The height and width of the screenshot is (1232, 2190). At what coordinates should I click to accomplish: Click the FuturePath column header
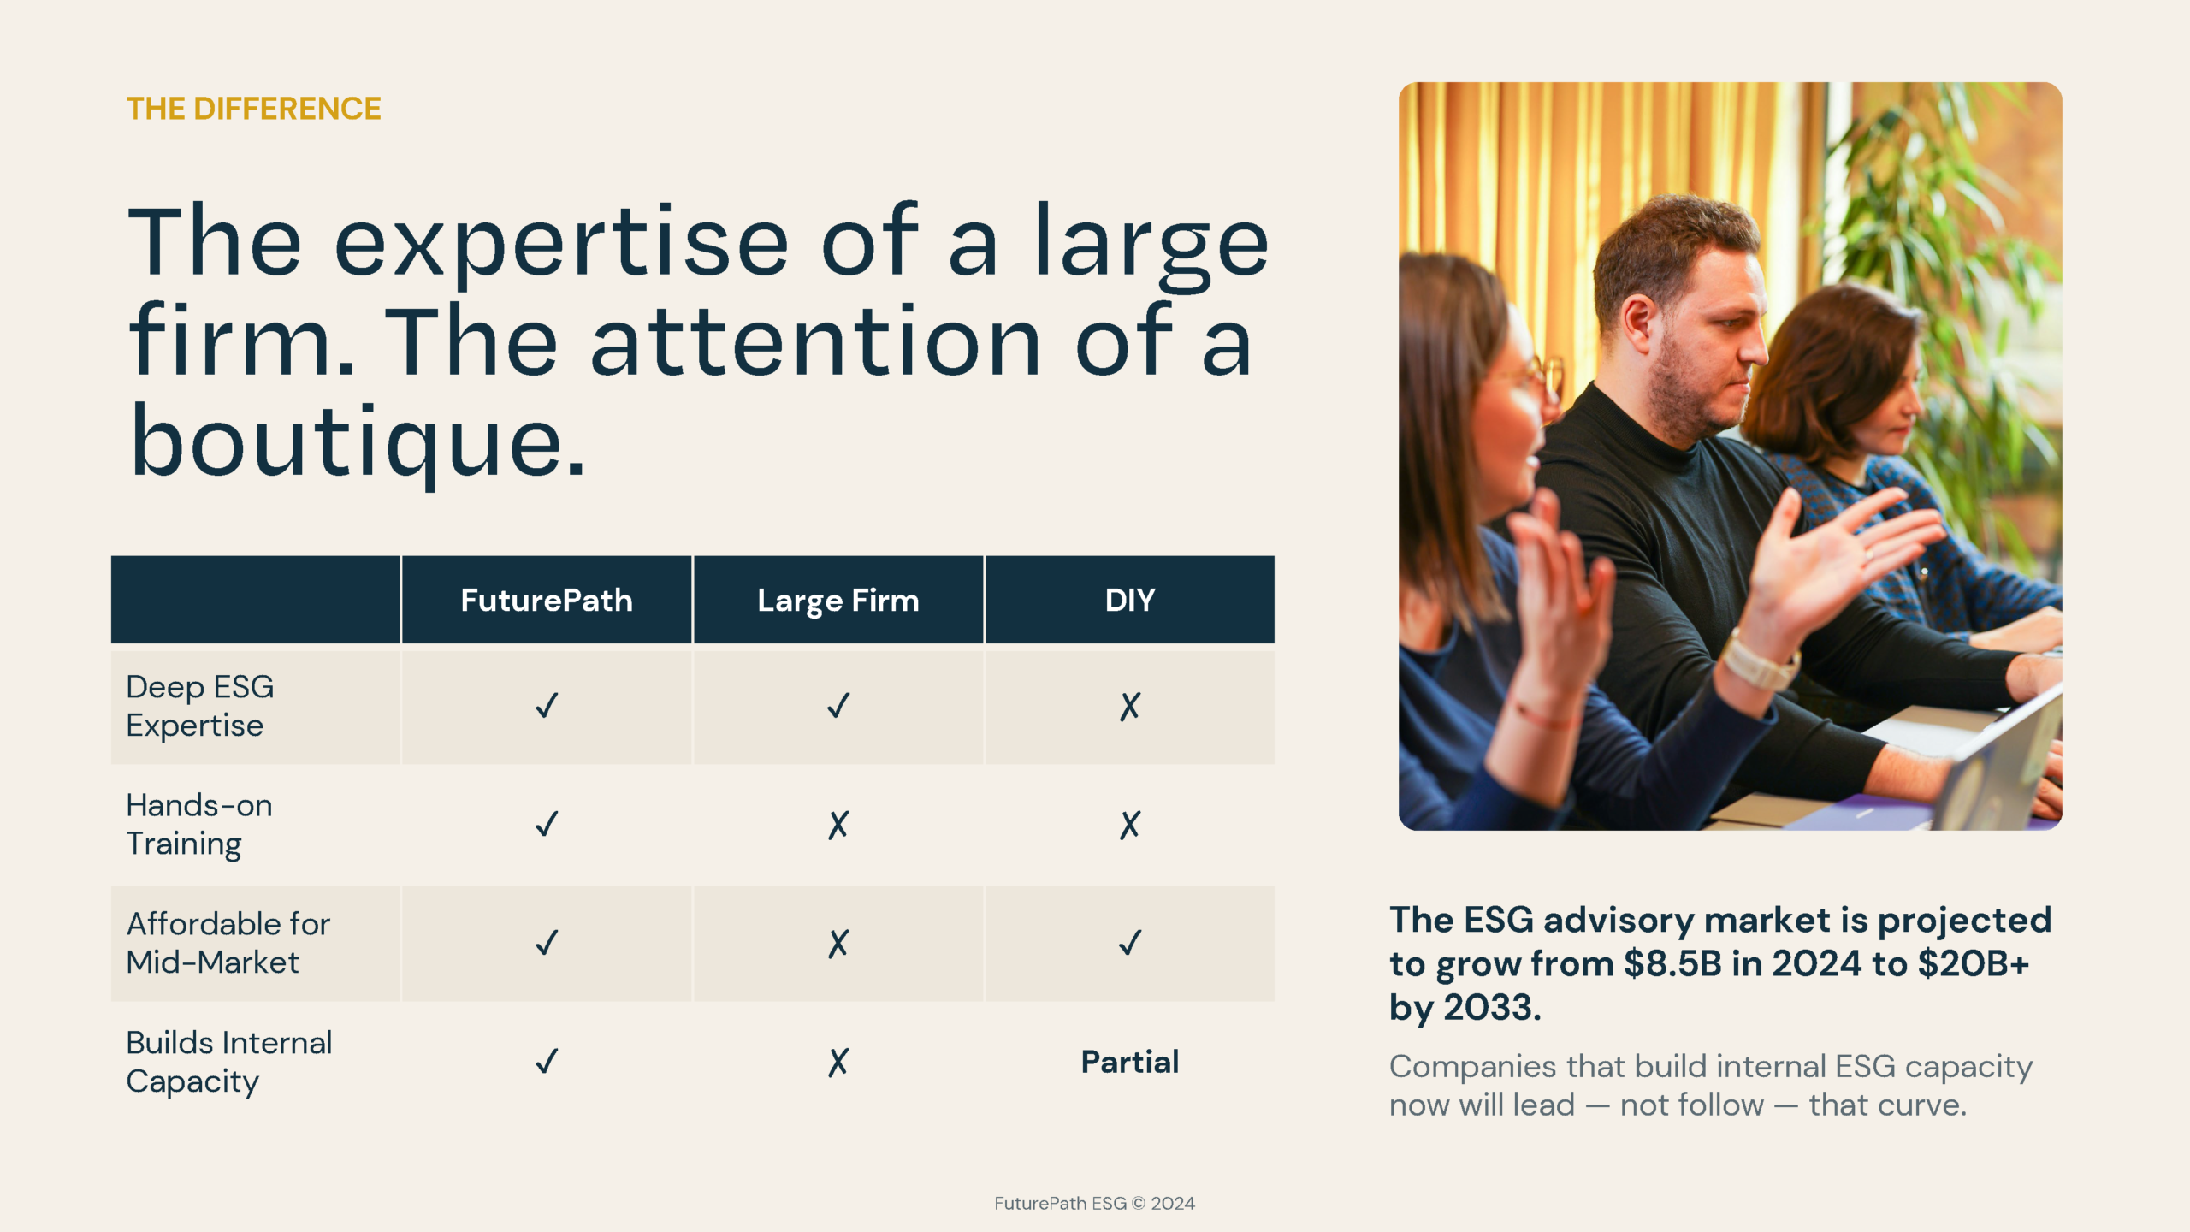[x=547, y=600]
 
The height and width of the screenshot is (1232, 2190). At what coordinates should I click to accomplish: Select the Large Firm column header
[x=838, y=601]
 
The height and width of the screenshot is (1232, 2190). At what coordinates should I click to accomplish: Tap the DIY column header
[x=1130, y=600]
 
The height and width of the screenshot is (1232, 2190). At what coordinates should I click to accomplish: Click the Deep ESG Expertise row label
[x=200, y=706]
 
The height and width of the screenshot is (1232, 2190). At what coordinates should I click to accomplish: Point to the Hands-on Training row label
[x=199, y=824]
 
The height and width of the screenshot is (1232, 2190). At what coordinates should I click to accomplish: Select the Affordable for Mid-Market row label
[x=228, y=943]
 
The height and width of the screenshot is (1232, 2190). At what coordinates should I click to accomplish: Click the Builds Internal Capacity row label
[x=229, y=1062]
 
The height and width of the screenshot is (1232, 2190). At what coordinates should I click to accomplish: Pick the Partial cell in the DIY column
[x=1130, y=1062]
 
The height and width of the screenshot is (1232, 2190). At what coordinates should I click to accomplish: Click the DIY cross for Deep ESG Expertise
[x=1130, y=706]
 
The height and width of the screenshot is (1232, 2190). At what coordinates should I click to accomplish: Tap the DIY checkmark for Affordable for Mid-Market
[x=1130, y=943]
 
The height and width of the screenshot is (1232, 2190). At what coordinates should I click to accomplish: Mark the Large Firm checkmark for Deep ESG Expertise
[x=838, y=706]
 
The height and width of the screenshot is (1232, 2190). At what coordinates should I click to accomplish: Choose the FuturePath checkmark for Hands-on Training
[x=547, y=824]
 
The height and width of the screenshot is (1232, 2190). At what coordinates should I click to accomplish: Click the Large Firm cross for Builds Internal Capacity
[x=838, y=1062]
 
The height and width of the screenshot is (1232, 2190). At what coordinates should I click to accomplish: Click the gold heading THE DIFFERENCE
[x=254, y=109]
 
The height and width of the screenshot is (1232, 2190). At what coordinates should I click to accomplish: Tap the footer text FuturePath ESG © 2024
[x=1094, y=1203]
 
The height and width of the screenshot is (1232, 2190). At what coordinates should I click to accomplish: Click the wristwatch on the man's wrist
[x=1758, y=659]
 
